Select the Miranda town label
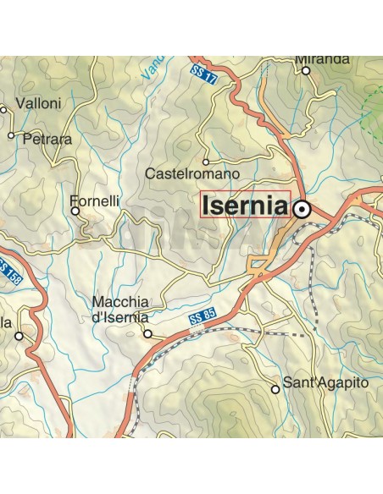coord(323,59)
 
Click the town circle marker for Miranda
coord(306,70)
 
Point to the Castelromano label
coord(193,173)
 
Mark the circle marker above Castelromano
coord(206,160)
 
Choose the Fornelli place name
coord(94,201)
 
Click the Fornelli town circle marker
coord(75,211)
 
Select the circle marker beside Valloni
coord(3,108)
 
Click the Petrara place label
coord(48,139)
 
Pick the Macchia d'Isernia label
coord(120,310)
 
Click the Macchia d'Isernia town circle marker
coord(147,334)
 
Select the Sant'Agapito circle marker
coord(275,389)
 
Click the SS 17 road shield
coord(201,73)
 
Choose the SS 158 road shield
coord(10,274)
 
